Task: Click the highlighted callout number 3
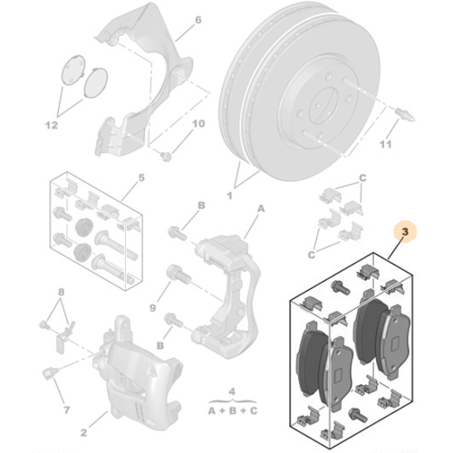tap(405, 232)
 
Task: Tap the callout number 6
tap(198, 20)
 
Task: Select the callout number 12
tap(52, 125)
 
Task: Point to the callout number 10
tap(198, 123)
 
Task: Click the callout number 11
tap(385, 144)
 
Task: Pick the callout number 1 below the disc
tap(229, 196)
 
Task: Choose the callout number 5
tap(141, 178)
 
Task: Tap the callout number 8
tap(61, 292)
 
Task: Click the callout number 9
tap(152, 308)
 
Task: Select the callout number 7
tap(67, 410)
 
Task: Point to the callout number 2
tap(83, 432)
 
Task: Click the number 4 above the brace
tap(232, 391)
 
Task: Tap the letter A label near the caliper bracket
tap(261, 208)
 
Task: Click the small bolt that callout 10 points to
tap(166, 157)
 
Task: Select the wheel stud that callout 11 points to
tap(405, 114)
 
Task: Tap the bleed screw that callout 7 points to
tap(50, 372)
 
